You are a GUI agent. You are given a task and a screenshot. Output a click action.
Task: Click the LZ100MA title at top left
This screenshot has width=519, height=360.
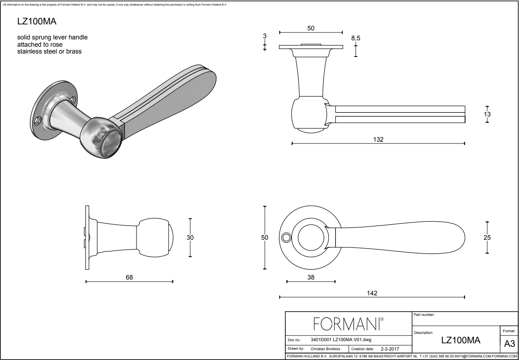click(37, 21)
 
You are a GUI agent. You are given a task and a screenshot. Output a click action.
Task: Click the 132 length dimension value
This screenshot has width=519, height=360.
click(378, 140)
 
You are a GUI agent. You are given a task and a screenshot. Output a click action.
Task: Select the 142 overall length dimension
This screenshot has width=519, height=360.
click(372, 293)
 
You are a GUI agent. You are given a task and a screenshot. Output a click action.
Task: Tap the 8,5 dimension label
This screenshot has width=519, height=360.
click(356, 38)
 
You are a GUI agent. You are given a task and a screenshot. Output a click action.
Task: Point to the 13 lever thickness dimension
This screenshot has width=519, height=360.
click(487, 114)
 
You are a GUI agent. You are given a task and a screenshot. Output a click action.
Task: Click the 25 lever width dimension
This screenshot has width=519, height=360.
click(487, 238)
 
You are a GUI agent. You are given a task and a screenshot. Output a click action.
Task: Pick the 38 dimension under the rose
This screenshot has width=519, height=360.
click(311, 277)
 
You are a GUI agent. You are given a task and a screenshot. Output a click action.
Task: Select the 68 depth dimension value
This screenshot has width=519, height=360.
click(129, 277)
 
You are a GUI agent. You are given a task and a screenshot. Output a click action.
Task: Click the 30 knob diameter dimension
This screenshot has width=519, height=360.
click(190, 238)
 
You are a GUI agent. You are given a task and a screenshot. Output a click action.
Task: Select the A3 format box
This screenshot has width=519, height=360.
click(509, 344)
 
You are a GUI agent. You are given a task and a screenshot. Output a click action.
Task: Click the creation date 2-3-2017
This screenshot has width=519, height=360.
click(390, 349)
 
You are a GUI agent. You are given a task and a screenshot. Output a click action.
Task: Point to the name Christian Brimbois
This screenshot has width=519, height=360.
click(325, 349)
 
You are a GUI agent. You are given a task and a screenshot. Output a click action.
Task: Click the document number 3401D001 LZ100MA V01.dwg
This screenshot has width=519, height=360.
click(341, 340)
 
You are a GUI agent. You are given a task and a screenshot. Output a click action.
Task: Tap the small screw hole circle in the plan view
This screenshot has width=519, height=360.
click(285, 237)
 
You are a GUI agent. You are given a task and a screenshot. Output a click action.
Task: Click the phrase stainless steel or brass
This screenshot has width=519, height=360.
click(49, 51)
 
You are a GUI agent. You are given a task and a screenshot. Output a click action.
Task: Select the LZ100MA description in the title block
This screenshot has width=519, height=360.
click(460, 340)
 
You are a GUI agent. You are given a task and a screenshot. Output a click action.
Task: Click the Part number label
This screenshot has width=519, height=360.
click(424, 315)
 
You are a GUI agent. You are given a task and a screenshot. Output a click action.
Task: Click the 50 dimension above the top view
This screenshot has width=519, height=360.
click(311, 28)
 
